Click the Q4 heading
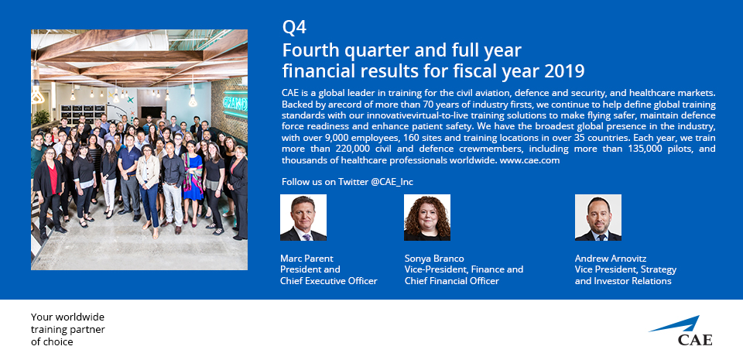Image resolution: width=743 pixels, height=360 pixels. click(x=294, y=28)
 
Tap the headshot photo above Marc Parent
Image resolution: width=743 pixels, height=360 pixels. click(x=303, y=218)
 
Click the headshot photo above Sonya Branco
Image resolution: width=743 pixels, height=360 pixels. click(x=427, y=218)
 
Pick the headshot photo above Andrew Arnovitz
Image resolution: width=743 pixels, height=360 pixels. click(x=598, y=218)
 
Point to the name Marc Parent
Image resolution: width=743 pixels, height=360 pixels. click(x=306, y=258)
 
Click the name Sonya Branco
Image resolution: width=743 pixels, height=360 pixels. click(x=434, y=258)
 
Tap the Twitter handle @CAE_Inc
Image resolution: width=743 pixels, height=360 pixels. click(x=392, y=182)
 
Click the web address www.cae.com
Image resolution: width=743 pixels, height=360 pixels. click(x=529, y=160)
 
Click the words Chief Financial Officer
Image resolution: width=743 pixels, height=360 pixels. click(x=451, y=281)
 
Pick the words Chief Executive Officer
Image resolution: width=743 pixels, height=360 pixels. click(x=328, y=281)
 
